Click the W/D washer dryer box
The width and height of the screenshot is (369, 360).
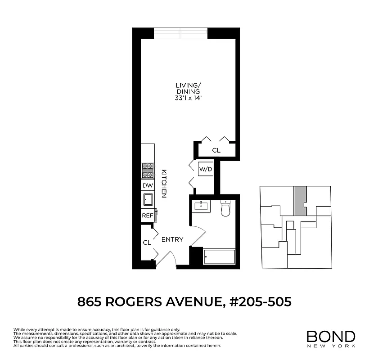coord(206,169)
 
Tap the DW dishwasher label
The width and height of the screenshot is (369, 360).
coord(148,185)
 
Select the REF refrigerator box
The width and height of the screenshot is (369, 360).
coord(147,216)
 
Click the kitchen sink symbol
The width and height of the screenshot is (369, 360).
coord(148,199)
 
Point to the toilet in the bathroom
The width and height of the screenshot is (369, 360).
coord(225,208)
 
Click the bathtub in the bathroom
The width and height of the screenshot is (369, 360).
coord(219,257)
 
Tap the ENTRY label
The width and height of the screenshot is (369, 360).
coord(172,239)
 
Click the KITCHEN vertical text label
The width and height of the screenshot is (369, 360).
coord(164,184)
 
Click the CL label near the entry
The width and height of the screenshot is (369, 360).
coord(147,243)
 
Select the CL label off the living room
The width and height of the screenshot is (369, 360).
coord(216,150)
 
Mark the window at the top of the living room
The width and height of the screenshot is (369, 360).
coord(181,33)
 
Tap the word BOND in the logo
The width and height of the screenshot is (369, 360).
coord(331,336)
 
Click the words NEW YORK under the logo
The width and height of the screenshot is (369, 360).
coord(331,346)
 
